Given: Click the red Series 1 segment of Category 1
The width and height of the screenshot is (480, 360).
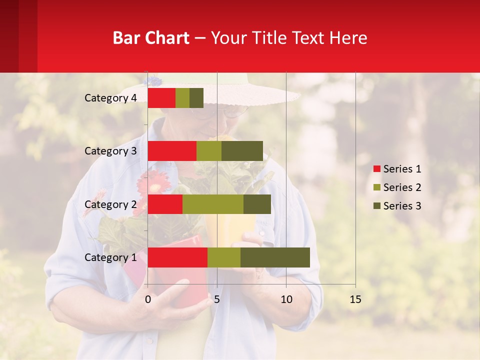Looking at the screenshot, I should (177, 257).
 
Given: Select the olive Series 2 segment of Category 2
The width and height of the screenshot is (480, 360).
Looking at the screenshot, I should (213, 204).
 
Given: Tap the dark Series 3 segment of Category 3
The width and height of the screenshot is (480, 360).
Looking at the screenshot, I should (242, 151).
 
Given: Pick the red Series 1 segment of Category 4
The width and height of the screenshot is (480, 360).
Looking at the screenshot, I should (161, 98).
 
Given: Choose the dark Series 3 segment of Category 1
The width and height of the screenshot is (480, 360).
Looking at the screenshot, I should (275, 257).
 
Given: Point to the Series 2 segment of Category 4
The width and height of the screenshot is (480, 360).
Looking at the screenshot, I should (182, 98).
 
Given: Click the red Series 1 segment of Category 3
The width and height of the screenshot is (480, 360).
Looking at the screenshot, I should (172, 151).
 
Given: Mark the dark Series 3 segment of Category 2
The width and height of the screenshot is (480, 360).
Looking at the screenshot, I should (257, 204).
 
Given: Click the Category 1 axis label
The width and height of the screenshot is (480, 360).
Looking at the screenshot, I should (110, 257).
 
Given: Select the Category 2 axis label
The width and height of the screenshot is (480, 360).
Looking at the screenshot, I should (110, 204).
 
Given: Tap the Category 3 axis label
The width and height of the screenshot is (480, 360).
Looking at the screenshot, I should (110, 151).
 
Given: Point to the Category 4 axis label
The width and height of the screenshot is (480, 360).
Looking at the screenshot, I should (110, 98).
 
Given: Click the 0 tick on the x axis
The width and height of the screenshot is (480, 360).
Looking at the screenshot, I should (148, 300).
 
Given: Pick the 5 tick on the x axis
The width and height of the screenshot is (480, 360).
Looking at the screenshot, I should (217, 300).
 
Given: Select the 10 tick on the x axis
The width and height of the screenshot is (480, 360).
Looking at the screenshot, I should (286, 300).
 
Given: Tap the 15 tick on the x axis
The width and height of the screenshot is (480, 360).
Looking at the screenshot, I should (355, 300).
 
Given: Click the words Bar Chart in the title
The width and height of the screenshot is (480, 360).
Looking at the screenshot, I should (151, 38).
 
